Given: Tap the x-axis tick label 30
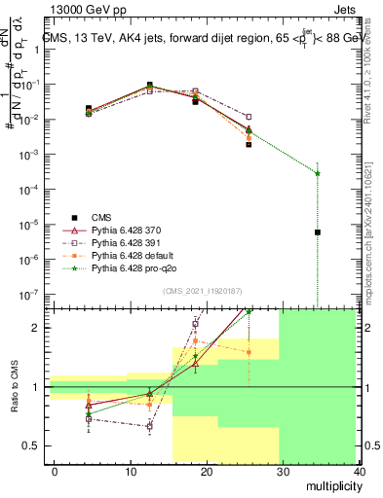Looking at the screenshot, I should [284, 472].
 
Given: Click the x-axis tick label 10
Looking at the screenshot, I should [131, 472].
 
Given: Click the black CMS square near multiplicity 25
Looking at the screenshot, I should [249, 144].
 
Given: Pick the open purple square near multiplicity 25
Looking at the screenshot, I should [249, 117].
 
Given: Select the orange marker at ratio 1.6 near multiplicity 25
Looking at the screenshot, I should [249, 352].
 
